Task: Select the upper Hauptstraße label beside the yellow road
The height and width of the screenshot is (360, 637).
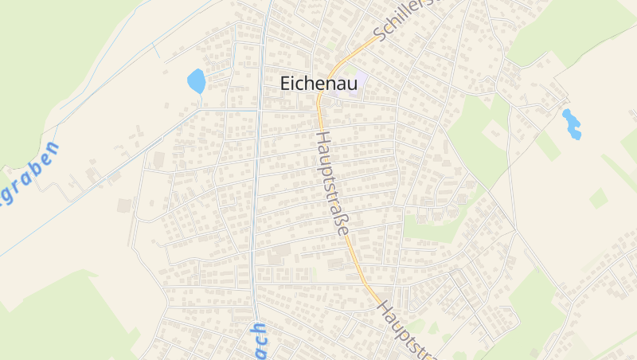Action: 332,183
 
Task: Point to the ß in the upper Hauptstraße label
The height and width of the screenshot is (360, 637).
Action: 340,221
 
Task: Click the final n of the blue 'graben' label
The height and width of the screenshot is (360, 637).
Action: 52,149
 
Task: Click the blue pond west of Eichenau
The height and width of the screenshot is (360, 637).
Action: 196,80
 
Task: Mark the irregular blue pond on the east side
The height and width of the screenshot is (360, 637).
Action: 572,124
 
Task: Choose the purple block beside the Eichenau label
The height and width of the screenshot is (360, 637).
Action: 357,81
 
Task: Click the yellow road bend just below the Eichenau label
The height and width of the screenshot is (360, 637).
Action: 320,104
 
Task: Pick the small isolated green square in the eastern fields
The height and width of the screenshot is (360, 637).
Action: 598,198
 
